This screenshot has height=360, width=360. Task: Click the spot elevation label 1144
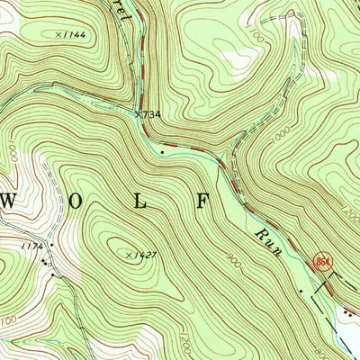point(74,34)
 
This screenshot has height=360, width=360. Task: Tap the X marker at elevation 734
point(138,114)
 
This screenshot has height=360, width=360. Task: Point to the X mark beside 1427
point(127,256)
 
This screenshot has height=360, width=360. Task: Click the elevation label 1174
point(34,244)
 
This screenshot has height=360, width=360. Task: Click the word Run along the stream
point(267,241)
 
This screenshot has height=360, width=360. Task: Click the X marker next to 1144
point(58,34)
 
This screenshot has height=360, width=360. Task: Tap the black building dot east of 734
point(161,152)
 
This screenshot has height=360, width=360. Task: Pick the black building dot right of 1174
point(51,245)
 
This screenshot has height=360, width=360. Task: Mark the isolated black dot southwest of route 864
point(300,292)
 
